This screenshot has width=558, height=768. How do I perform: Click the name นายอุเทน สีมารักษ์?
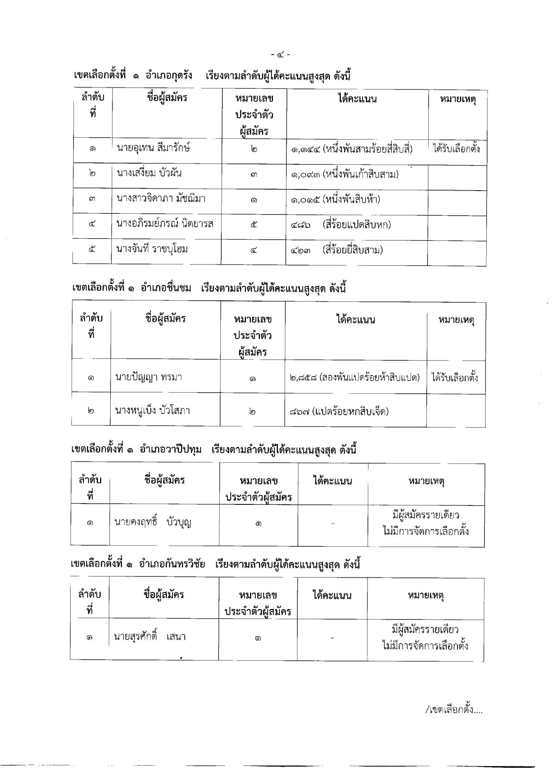153,148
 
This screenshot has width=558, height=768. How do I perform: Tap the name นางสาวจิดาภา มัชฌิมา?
161,198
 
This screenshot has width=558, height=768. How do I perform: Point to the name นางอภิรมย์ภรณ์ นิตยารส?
165,224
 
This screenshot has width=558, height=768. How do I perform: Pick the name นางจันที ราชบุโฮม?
152,249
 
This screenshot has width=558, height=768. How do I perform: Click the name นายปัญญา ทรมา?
148,377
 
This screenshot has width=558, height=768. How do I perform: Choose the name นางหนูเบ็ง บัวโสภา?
152,411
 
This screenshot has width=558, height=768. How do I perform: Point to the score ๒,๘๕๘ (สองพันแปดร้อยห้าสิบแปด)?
354,378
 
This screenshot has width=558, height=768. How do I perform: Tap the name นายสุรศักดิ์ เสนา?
150,636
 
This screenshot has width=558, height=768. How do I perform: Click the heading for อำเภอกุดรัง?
212,76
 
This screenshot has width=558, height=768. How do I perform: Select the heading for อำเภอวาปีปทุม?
213,449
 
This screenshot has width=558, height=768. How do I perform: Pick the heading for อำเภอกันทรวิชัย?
215,564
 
